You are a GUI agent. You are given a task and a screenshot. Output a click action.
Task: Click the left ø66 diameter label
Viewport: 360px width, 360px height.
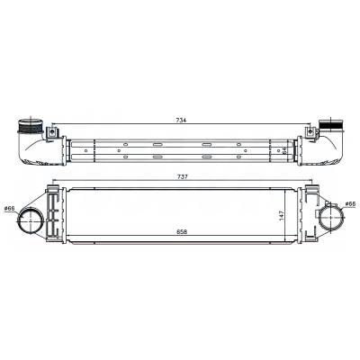[x=11, y=210]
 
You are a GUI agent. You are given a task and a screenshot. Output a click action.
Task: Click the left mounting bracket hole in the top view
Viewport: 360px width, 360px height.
[x=53, y=136]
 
